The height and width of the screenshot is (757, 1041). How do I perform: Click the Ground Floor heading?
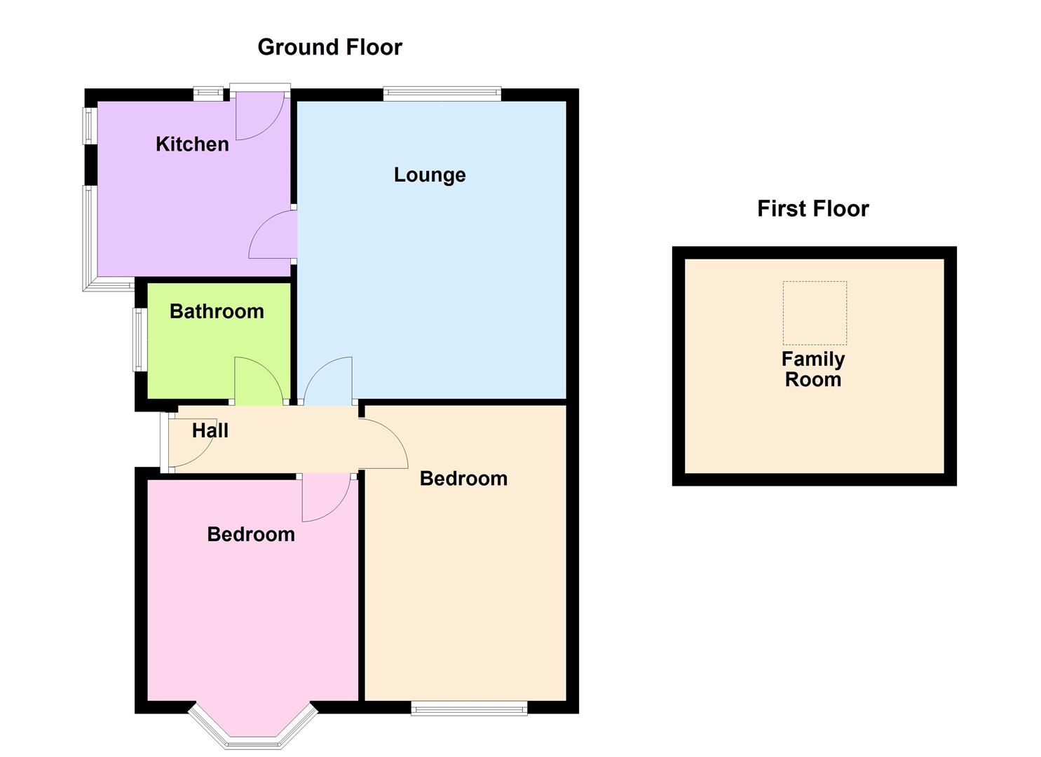[329, 47]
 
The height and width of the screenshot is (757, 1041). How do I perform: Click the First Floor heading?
[812, 208]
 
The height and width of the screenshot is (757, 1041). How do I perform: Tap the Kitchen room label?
[192, 144]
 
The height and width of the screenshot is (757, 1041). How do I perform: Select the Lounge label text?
[429, 175]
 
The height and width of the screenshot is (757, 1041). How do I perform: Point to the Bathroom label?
[217, 311]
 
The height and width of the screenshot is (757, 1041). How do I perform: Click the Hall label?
[210, 430]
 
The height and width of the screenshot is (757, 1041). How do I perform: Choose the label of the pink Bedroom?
[251, 534]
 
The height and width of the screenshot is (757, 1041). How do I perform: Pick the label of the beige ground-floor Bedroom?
[463, 478]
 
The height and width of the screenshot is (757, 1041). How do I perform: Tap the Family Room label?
[813, 369]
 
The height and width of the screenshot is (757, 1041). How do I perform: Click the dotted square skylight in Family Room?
[815, 313]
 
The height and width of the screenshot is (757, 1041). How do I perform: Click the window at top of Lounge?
[442, 93]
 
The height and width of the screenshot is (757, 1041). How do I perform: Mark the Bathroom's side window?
[140, 340]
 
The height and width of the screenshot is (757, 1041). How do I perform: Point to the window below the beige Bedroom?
[469, 709]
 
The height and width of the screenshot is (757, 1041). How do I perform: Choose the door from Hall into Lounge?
[328, 383]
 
